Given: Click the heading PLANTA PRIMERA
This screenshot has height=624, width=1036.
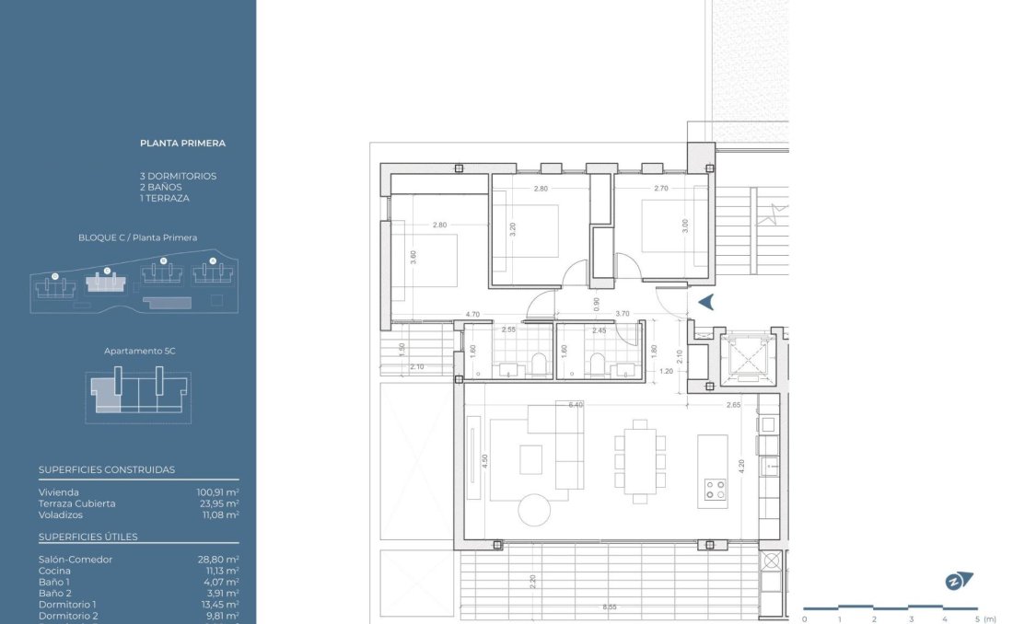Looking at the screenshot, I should click(182, 144).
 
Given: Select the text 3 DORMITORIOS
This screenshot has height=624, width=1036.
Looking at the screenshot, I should click(178, 176).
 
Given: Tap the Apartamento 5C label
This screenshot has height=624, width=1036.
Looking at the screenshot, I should click(137, 352).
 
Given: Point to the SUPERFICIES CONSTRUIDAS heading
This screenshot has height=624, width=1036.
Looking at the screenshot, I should click(107, 469).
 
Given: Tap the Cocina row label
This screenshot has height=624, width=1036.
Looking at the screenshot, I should click(54, 571).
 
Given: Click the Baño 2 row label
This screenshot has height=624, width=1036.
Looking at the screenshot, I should click(54, 594).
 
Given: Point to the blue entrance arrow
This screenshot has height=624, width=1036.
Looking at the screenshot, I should click(706, 301).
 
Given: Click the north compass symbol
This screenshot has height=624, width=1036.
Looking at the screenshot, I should click(959, 581).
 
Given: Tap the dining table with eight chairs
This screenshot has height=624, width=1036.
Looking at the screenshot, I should click(639, 460).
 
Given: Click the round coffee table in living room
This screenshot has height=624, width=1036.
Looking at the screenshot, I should click(535, 509).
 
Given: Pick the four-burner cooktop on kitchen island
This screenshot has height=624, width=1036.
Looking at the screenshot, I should click(714, 490).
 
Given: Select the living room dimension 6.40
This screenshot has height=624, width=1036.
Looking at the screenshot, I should click(576, 404).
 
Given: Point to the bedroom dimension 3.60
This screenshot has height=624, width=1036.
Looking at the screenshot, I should click(413, 260).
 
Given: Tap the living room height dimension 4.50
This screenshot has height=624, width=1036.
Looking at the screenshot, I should click(485, 461).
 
